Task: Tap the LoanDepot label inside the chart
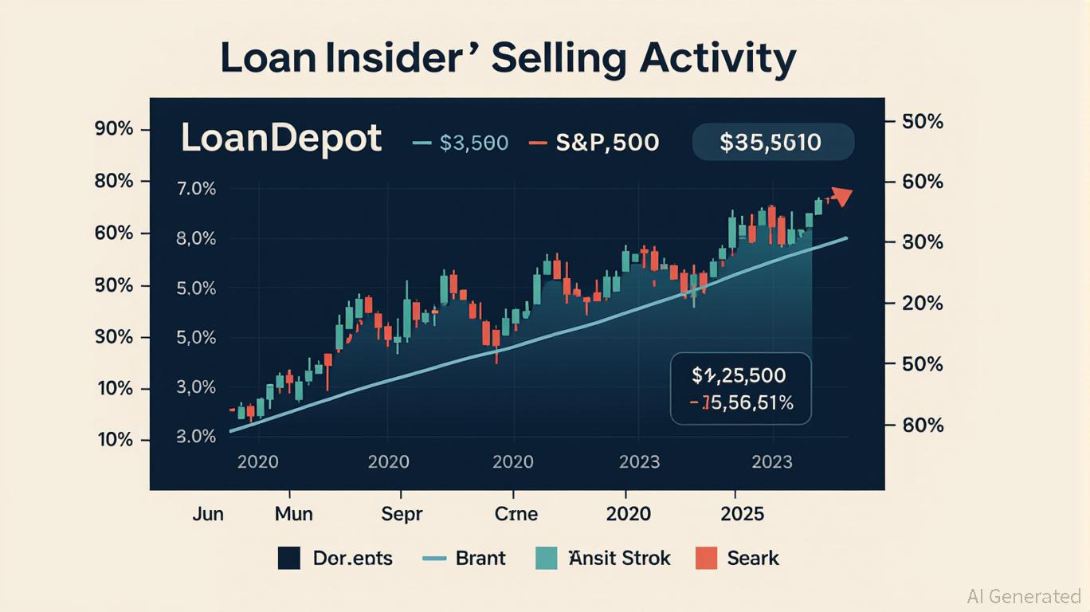pos(281,139)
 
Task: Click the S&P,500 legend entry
pos(594,143)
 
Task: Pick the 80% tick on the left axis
pos(113,181)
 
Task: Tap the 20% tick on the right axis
pos(923,304)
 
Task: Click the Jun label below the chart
pos(208,513)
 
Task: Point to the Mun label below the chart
pos(294,513)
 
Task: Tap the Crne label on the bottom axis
pos(516,513)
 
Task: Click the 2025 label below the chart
pos(741,513)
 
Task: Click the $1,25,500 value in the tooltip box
pos(739,375)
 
